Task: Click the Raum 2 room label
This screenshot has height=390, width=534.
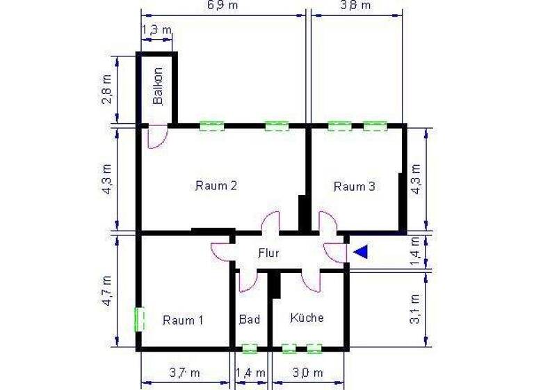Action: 216,186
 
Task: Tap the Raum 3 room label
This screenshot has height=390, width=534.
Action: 355,187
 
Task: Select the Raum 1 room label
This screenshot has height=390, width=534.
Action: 183,320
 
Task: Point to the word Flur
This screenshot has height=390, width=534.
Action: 268,253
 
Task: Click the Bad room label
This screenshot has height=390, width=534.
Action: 249,320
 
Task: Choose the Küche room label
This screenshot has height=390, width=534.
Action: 307,318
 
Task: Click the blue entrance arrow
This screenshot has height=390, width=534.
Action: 360,252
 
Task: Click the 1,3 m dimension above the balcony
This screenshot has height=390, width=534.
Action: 157,30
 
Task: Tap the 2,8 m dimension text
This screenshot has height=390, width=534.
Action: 106,87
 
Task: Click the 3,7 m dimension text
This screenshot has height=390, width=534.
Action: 184,373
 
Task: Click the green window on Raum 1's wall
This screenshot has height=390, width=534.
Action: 140,320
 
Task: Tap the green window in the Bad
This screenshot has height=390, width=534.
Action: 249,348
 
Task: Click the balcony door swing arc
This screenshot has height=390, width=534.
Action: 154,138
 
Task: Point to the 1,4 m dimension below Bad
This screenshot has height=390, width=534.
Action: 250,373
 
